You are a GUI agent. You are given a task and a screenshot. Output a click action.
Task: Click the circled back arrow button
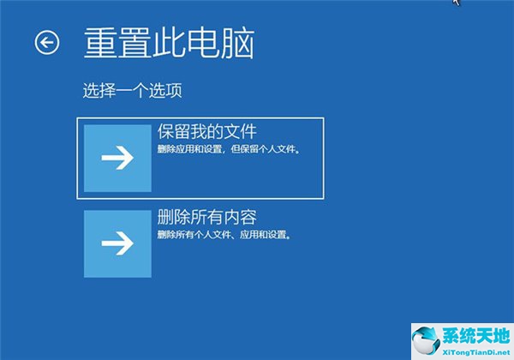(47, 42)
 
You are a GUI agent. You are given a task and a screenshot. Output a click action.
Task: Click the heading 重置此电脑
(169, 43)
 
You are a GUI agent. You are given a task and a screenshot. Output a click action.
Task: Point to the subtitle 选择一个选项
(133, 90)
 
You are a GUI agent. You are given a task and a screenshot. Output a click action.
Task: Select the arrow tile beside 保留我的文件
(117, 158)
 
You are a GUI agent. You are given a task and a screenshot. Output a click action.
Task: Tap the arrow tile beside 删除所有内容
(117, 243)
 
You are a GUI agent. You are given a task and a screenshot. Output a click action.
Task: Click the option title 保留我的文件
(206, 131)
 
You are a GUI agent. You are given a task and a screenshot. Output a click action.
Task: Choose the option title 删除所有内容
(206, 217)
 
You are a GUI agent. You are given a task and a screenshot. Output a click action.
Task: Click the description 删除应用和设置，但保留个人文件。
(229, 149)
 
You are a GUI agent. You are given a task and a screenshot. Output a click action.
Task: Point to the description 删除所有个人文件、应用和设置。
(224, 235)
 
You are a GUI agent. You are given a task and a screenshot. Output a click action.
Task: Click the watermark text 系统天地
(476, 336)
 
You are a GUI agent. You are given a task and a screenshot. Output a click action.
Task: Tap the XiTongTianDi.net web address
(476, 352)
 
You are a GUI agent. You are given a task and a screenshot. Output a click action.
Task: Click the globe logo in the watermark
(426, 341)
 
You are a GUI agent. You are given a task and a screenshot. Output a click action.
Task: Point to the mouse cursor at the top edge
(457, 2)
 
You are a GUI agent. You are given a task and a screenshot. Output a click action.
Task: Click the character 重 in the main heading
(100, 43)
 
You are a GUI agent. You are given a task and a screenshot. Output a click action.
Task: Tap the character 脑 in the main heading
(237, 43)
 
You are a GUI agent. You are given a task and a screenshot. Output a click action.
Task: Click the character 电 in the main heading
(204, 43)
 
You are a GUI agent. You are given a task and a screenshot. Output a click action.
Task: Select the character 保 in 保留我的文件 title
(165, 131)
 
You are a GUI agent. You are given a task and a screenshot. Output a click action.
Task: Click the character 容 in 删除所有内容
(248, 217)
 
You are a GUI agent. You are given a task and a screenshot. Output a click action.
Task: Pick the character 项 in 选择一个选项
(174, 90)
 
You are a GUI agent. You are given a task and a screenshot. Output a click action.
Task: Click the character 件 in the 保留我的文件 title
(248, 131)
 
